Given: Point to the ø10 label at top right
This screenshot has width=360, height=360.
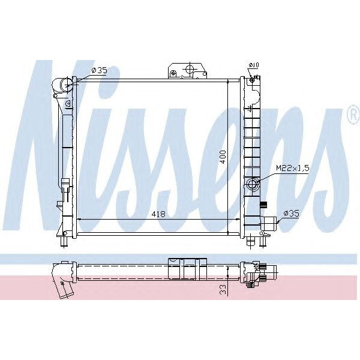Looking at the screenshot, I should point(253,65).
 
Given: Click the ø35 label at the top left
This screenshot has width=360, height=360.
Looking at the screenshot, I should point(99,71).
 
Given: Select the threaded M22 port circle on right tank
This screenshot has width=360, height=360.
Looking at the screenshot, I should point(251,184).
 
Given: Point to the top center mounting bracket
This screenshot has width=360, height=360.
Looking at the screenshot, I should point(188,69).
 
